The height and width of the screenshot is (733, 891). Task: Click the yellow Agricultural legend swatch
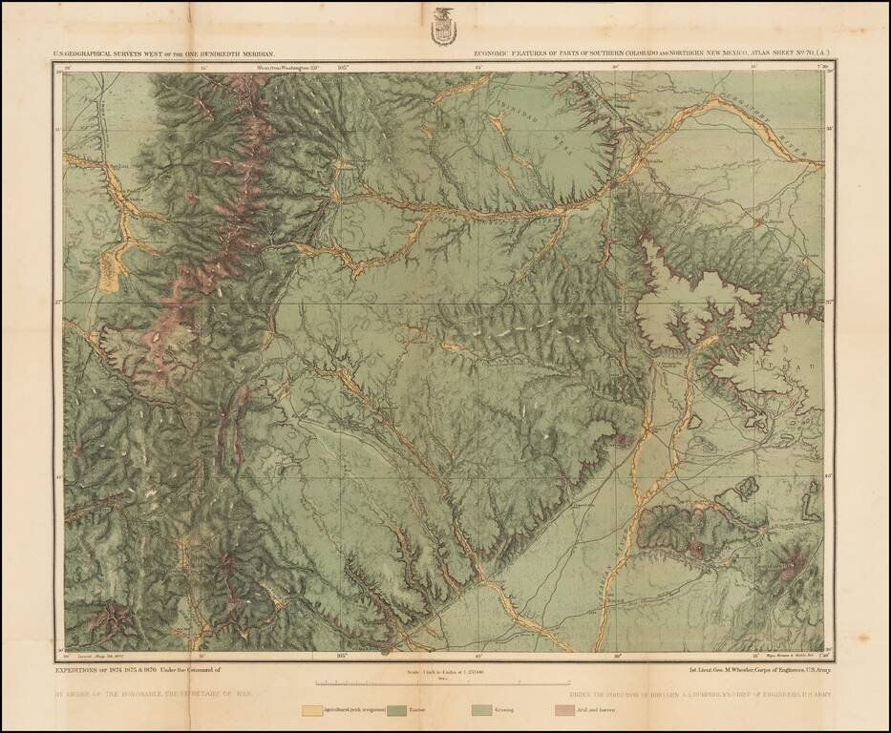click(311, 710)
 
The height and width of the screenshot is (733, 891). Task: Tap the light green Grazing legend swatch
click(483, 710)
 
